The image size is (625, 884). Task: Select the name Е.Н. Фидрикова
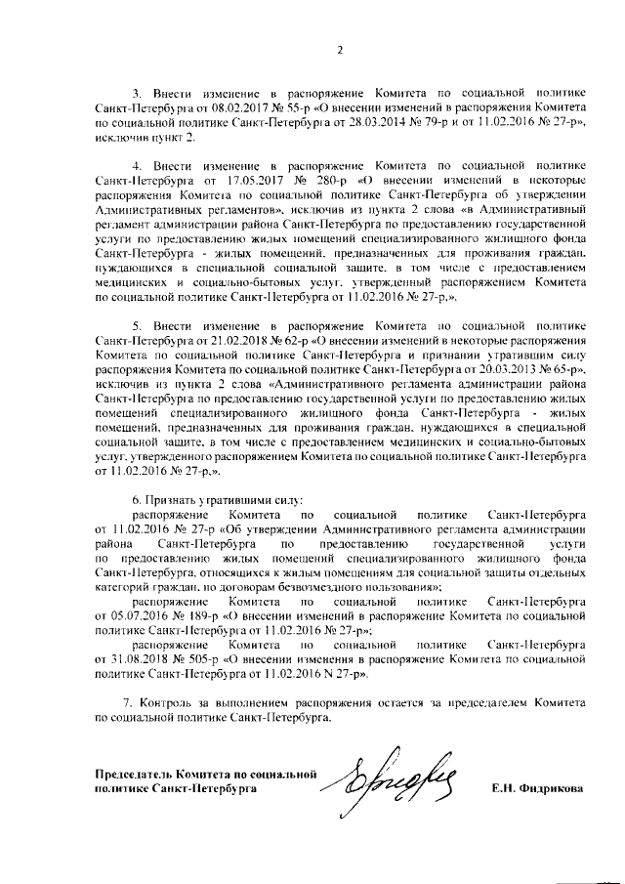pos(538,788)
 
